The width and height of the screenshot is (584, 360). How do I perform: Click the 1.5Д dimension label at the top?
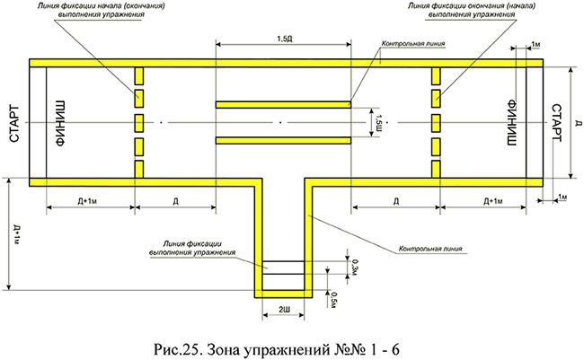click(x=282, y=40)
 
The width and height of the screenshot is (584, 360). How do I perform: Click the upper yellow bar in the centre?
click(x=283, y=104)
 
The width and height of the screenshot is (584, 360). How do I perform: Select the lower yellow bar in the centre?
click(x=283, y=139)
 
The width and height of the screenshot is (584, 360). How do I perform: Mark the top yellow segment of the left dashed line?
click(x=139, y=75)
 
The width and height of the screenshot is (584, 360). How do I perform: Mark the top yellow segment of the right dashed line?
click(x=435, y=75)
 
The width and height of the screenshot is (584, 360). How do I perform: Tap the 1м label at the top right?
click(x=535, y=44)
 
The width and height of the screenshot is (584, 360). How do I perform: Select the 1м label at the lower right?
click(x=562, y=196)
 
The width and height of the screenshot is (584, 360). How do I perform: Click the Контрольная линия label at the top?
click(x=413, y=42)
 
